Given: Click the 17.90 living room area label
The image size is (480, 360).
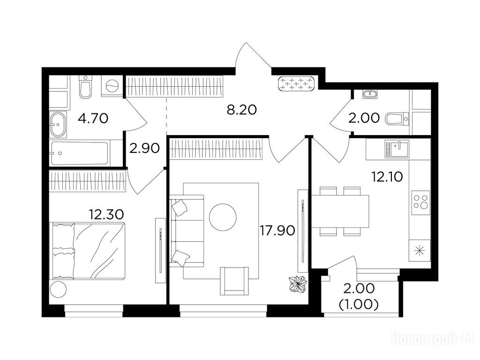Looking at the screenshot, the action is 277,231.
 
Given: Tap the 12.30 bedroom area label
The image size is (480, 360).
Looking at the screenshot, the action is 106,214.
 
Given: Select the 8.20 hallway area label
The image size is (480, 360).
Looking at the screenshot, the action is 241,110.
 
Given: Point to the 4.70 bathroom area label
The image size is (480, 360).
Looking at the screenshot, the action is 93,118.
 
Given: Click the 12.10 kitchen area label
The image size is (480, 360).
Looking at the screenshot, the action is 387,177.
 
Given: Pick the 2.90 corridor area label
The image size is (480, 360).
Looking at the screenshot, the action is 144,149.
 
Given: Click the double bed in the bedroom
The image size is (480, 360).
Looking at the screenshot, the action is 87,251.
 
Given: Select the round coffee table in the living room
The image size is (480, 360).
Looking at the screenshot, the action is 223,217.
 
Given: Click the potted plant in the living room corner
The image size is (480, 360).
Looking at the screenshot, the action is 298,285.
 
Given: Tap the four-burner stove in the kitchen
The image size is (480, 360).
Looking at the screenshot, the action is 420,202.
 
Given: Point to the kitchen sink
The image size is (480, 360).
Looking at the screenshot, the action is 397,149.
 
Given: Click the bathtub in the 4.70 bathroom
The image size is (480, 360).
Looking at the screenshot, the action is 79,153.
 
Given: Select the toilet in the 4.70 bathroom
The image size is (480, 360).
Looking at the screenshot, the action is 85,87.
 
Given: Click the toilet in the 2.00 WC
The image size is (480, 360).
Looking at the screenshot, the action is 397,119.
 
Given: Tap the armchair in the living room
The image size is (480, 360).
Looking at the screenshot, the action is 234,281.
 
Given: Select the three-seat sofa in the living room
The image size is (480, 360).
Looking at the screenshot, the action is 187,231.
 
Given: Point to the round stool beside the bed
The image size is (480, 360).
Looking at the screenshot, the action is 58,289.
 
